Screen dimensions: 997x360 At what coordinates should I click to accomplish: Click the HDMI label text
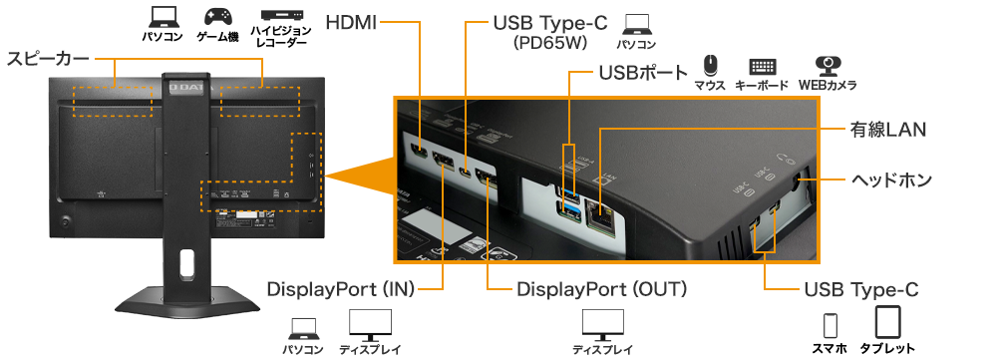pos(351,23)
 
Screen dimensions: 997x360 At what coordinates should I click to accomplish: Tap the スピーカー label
pos(48,59)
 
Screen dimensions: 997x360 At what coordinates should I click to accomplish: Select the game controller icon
pos(218,17)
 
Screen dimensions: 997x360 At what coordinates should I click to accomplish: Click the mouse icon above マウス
pos(710,66)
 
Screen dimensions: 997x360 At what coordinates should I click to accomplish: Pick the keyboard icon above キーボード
pos(763,67)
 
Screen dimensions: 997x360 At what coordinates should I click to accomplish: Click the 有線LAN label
pos(888,130)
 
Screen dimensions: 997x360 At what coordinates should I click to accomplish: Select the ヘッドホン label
pos(891,180)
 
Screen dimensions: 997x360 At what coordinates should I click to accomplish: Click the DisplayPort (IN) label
pos(341,289)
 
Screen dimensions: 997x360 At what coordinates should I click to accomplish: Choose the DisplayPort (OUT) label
pos(601,289)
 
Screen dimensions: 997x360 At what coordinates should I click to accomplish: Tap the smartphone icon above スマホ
pos(831,325)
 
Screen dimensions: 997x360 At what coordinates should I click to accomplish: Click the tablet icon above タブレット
pos(887,322)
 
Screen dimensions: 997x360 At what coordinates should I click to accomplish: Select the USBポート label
pos(643,73)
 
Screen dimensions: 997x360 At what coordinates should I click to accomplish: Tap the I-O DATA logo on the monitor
pos(185,84)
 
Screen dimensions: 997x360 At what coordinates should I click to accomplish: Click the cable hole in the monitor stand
pos(186,262)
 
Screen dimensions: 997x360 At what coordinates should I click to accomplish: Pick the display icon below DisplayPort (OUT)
pos(603,325)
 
